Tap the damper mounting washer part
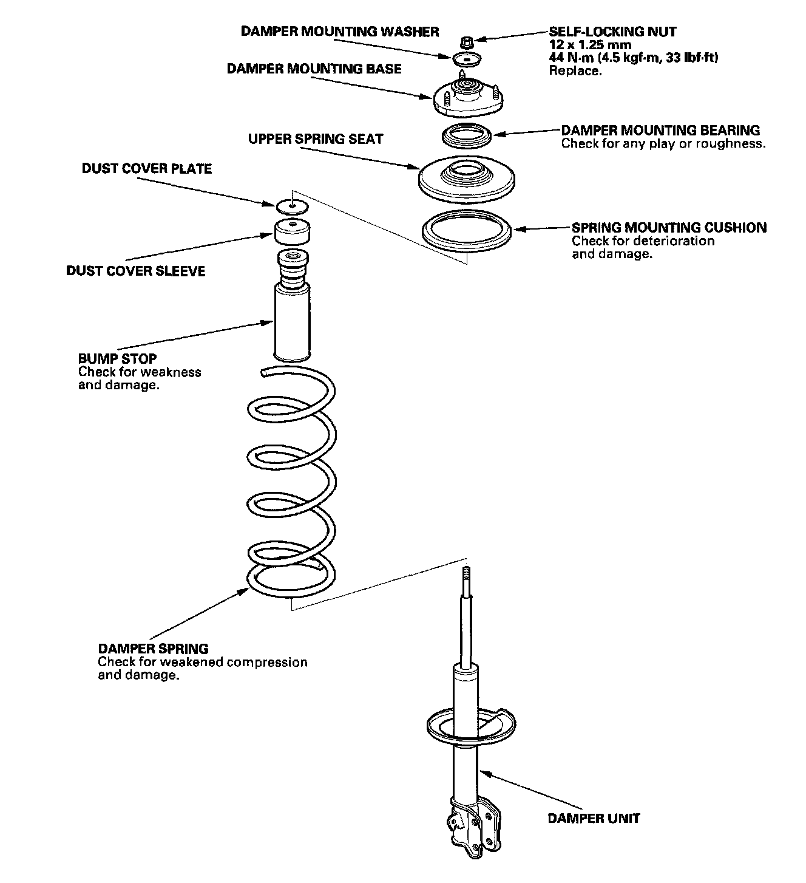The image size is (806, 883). click(466, 60)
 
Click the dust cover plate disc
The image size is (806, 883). click(293, 206)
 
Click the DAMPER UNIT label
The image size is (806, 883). click(593, 818)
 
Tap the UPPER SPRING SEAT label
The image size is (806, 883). click(316, 139)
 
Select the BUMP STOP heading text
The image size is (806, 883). click(117, 358)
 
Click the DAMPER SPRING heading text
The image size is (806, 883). click(153, 649)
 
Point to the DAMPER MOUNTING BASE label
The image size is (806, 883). click(314, 69)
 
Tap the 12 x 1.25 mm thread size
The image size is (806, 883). click(590, 45)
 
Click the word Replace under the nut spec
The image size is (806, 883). click(575, 70)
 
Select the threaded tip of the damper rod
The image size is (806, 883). click(466, 574)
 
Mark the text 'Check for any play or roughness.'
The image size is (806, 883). click(663, 144)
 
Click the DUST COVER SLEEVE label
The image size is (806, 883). click(135, 271)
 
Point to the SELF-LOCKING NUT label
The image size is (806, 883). click(612, 32)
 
